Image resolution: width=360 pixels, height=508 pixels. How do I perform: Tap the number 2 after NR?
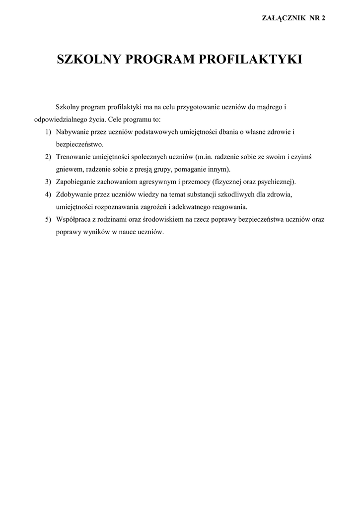(x=323, y=18)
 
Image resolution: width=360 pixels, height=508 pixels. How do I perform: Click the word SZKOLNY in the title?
(x=89, y=60)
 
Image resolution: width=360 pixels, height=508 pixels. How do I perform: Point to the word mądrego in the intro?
(x=271, y=107)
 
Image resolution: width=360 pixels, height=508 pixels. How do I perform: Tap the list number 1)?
(x=48, y=132)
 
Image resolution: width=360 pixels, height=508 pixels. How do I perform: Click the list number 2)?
(x=48, y=157)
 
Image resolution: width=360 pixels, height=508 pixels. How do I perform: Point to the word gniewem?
(x=69, y=169)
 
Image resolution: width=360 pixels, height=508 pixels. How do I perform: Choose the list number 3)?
(x=48, y=182)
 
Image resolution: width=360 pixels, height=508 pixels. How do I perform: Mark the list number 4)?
(x=48, y=194)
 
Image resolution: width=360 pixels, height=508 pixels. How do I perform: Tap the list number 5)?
(x=48, y=219)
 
